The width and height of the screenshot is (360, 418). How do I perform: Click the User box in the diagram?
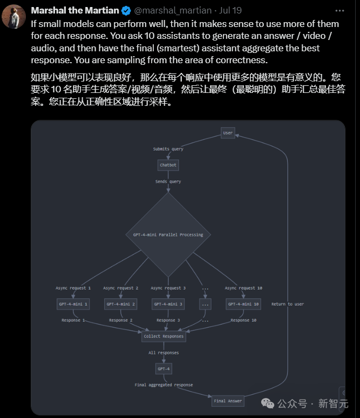228,133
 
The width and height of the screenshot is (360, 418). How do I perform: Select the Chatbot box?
168,165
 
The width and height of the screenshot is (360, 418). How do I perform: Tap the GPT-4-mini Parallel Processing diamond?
168,235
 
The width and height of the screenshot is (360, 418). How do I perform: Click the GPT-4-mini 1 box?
73,304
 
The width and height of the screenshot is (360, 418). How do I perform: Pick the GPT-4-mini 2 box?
120,304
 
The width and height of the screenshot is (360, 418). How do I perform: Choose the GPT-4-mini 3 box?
168,304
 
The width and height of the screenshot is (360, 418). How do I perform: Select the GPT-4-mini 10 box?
243,304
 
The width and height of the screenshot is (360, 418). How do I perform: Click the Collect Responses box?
164,336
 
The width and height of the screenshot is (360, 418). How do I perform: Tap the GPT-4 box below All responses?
164,368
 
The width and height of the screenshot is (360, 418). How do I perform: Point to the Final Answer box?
228,401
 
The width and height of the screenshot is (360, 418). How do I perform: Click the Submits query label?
168,149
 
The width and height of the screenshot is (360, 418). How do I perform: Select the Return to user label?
287,304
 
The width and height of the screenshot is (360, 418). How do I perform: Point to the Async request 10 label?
243,288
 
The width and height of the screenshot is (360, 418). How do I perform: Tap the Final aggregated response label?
164,385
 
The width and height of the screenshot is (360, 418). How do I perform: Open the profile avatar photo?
14,17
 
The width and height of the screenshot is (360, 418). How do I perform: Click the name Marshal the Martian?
75,10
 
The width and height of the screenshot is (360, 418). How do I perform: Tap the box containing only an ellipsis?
205,304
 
